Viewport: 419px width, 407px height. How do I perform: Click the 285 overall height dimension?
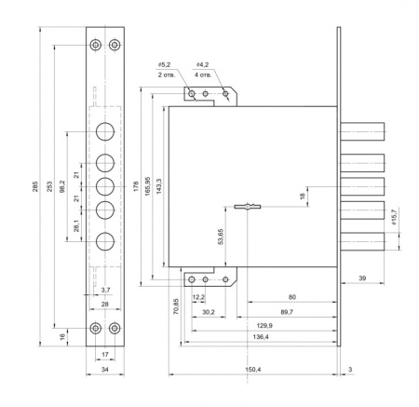(x=35, y=186)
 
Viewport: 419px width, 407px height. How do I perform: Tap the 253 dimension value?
(x=49, y=186)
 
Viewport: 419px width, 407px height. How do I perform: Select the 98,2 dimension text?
(x=62, y=186)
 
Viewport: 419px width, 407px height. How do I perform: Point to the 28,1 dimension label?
(x=76, y=225)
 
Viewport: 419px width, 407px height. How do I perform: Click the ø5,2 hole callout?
(x=164, y=64)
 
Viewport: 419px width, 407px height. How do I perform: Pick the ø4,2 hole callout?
(x=203, y=64)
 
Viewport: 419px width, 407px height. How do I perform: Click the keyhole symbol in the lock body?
(x=248, y=207)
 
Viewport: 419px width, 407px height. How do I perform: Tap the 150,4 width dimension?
(x=253, y=370)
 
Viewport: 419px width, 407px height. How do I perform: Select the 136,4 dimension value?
(x=261, y=337)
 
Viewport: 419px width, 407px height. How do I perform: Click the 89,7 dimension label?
(x=287, y=312)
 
